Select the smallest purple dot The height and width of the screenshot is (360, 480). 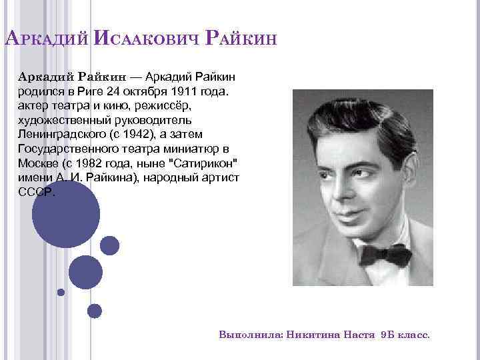coord(61,292)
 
